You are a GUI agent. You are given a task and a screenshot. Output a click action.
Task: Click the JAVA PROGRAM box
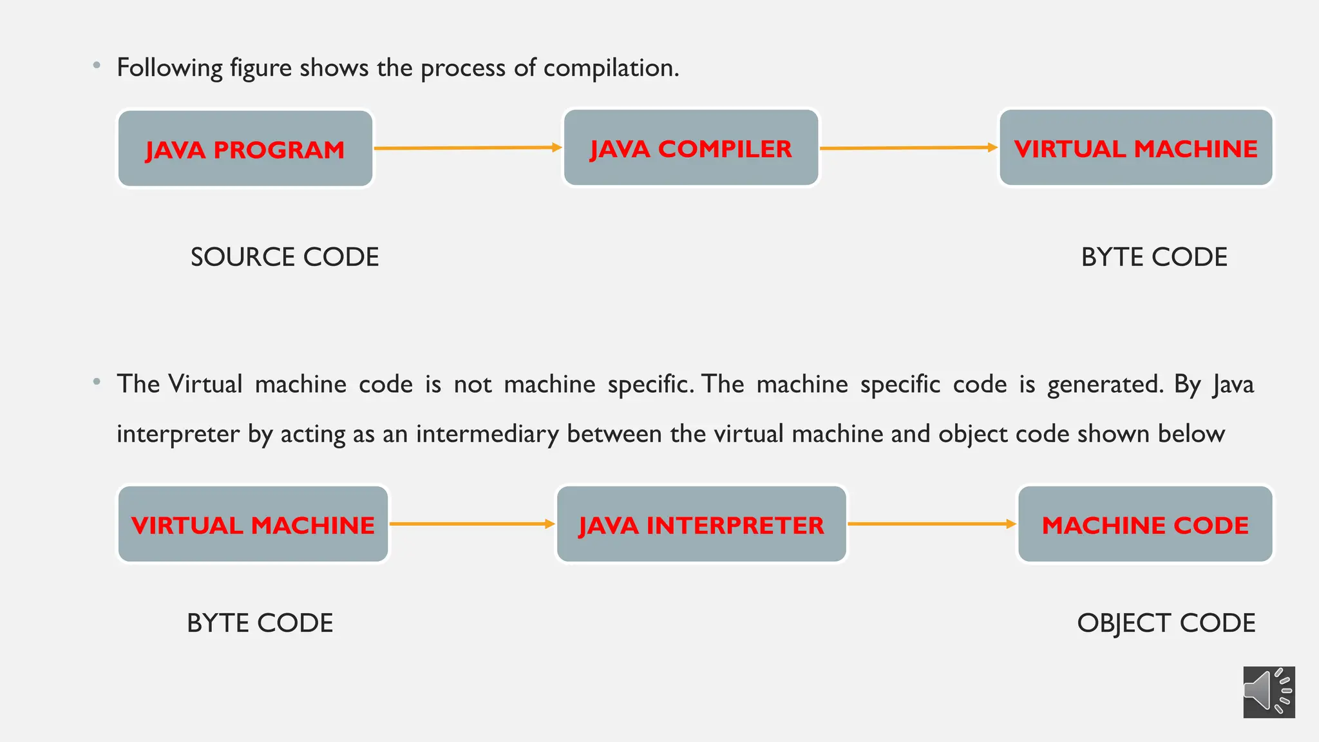click(245, 149)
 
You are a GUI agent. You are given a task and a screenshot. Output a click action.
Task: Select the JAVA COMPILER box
click(691, 148)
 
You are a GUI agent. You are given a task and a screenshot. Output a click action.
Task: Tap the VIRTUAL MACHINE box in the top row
click(1135, 148)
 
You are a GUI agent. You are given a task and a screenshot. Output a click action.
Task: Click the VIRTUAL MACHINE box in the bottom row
click(253, 524)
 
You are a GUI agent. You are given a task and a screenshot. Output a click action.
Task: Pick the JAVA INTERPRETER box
click(701, 524)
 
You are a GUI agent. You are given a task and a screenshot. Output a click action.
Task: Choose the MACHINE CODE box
click(1145, 524)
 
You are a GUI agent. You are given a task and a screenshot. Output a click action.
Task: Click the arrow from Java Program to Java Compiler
click(468, 148)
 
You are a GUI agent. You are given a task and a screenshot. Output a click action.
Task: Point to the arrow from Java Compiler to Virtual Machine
click(908, 148)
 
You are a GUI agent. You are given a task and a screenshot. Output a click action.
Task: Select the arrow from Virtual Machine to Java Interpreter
click(472, 524)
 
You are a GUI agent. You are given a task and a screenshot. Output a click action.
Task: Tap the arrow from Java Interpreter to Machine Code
click(931, 524)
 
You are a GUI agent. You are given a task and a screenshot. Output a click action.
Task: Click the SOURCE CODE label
click(285, 257)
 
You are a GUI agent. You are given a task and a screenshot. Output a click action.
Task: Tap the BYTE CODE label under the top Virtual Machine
click(1154, 257)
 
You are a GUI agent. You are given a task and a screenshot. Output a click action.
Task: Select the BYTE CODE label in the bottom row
click(260, 623)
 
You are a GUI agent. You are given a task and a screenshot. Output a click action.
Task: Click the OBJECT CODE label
click(1166, 623)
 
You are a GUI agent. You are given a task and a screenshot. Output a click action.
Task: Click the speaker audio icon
click(1269, 692)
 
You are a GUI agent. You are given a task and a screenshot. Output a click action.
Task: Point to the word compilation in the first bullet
click(611, 68)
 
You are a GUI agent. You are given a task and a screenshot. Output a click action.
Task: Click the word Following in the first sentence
click(169, 68)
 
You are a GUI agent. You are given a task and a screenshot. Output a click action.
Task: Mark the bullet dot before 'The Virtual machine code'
click(97, 382)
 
